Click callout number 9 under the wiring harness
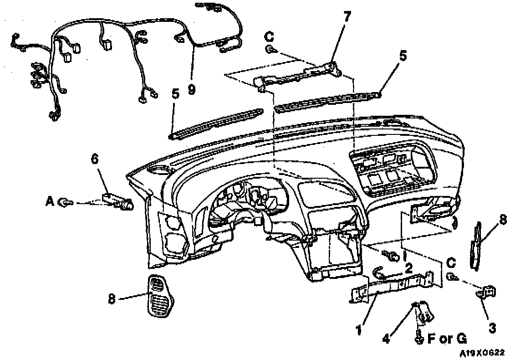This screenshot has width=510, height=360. click(191, 89)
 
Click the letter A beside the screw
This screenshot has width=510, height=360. click(50, 201)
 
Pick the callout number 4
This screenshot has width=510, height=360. click(386, 339)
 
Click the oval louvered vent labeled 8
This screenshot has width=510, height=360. click(158, 296)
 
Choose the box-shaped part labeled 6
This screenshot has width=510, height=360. click(117, 201)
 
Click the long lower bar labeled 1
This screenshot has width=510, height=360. click(392, 286)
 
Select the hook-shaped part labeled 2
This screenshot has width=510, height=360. click(380, 273)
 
